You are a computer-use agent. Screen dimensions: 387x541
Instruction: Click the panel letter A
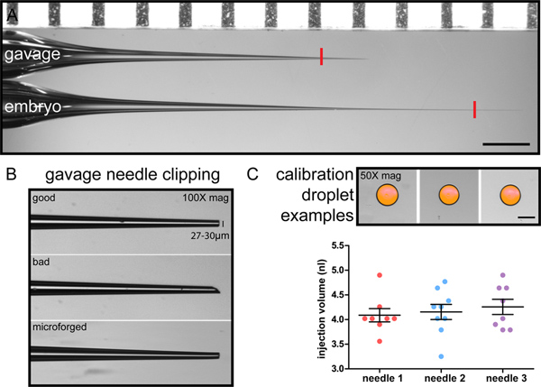tap(11, 11)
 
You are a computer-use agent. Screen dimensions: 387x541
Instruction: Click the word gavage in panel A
tap(31, 56)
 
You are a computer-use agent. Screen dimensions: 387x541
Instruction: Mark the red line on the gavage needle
tap(321, 57)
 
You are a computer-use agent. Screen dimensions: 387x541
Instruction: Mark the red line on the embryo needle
tap(474, 109)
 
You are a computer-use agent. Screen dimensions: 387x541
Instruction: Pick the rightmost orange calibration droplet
tap(510, 195)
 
